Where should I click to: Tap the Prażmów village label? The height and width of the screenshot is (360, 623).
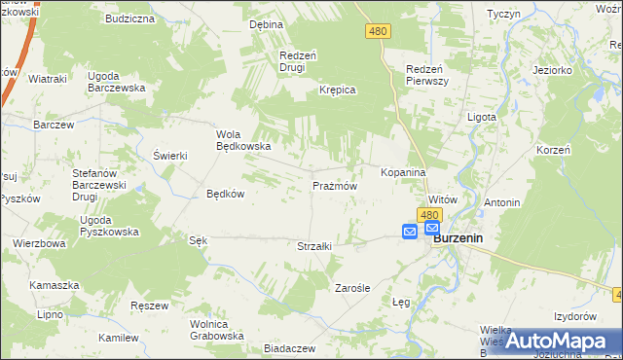(x=335, y=185)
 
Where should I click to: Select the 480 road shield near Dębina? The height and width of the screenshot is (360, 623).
(x=379, y=32)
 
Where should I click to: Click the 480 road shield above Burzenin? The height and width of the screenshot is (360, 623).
(x=430, y=213)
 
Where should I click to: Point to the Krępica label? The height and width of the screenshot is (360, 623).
(x=338, y=90)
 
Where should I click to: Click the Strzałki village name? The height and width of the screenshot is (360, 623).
(x=314, y=246)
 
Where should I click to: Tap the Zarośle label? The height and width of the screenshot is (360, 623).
(x=351, y=288)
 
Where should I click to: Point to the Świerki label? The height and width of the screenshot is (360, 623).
(x=169, y=156)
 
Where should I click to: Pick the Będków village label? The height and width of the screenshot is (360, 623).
(x=225, y=194)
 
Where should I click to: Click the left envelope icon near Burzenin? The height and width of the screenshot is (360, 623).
(x=410, y=232)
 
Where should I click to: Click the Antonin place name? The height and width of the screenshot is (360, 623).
(x=502, y=202)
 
